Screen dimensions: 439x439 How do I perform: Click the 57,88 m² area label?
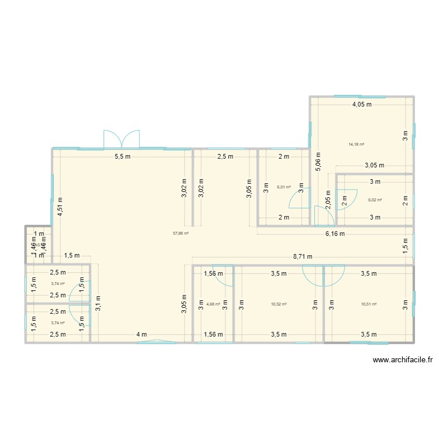(x=180, y=233)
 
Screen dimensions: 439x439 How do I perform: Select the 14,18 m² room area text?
(x=356, y=145)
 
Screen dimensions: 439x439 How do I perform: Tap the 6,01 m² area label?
(x=284, y=187)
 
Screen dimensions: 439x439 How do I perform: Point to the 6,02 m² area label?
(x=375, y=200)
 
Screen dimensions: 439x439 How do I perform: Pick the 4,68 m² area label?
(x=213, y=304)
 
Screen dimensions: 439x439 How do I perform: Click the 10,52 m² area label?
(x=279, y=304)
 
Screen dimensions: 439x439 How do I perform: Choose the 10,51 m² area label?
(x=369, y=304)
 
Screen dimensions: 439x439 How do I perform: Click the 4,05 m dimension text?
(x=362, y=105)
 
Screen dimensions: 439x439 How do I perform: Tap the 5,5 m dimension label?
(x=122, y=156)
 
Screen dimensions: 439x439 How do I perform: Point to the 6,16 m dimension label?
(x=335, y=234)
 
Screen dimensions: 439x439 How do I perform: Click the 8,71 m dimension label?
(x=303, y=256)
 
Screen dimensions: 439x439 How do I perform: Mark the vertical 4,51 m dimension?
(x=60, y=207)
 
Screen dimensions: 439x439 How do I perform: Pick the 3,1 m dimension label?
(x=98, y=304)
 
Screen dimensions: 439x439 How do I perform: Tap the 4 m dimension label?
(x=141, y=334)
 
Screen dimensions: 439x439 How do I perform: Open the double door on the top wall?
(x=122, y=139)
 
